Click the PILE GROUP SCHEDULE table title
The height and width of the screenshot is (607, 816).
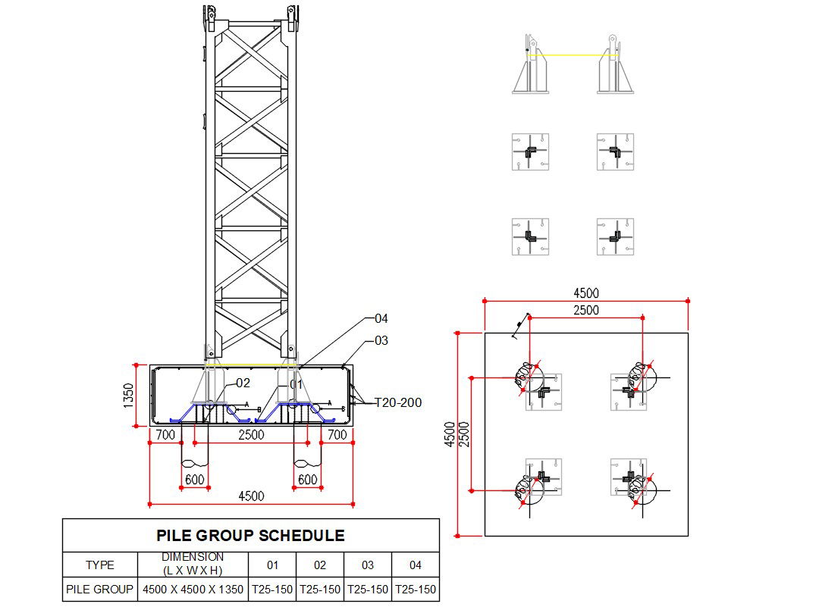coord(250,536)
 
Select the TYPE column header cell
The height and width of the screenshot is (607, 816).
coord(100,565)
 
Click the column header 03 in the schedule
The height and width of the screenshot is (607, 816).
coord(368,565)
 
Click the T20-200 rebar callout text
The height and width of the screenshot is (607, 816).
coord(397,403)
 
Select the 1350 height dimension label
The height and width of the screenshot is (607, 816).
coord(129,395)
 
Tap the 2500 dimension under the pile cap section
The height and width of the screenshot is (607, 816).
coord(251,435)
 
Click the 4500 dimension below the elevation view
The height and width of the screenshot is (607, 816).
coord(251,496)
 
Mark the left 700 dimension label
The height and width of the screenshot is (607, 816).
coord(165,435)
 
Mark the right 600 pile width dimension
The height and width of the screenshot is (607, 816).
coord(307,480)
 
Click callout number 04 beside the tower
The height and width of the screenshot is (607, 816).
coord(381,318)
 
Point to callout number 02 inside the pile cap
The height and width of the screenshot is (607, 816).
coord(243,383)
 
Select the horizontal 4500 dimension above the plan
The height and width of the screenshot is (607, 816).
coord(585,293)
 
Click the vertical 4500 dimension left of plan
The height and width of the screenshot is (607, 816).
coord(450,434)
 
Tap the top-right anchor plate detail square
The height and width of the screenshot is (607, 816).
coord(615,152)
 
